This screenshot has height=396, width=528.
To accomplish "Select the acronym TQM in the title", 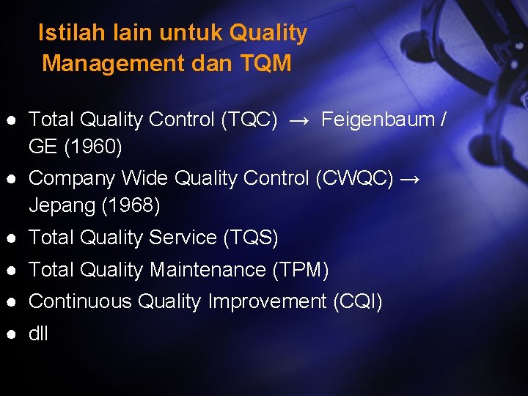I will coord(265,64).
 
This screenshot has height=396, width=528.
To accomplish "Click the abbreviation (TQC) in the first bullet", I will coord(249,120).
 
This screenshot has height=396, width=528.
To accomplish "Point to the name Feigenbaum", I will coord(378,120).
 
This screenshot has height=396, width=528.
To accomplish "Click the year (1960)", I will coord(93,147).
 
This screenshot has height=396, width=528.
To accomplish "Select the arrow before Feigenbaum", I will coord(299,120).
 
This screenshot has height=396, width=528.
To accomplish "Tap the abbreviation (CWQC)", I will coord(355,178).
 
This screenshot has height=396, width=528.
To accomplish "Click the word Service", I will coord(182,238).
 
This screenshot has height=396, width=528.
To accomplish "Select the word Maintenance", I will coord(207,270).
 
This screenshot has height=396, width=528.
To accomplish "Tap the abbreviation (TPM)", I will coord(301,270).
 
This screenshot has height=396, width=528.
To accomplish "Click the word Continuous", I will coord(80,301).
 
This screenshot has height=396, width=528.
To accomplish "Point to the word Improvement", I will coord(267,301).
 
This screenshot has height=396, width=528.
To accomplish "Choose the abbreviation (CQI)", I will coord(357,301).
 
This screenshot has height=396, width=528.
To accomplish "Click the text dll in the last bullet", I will coord(38,334).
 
